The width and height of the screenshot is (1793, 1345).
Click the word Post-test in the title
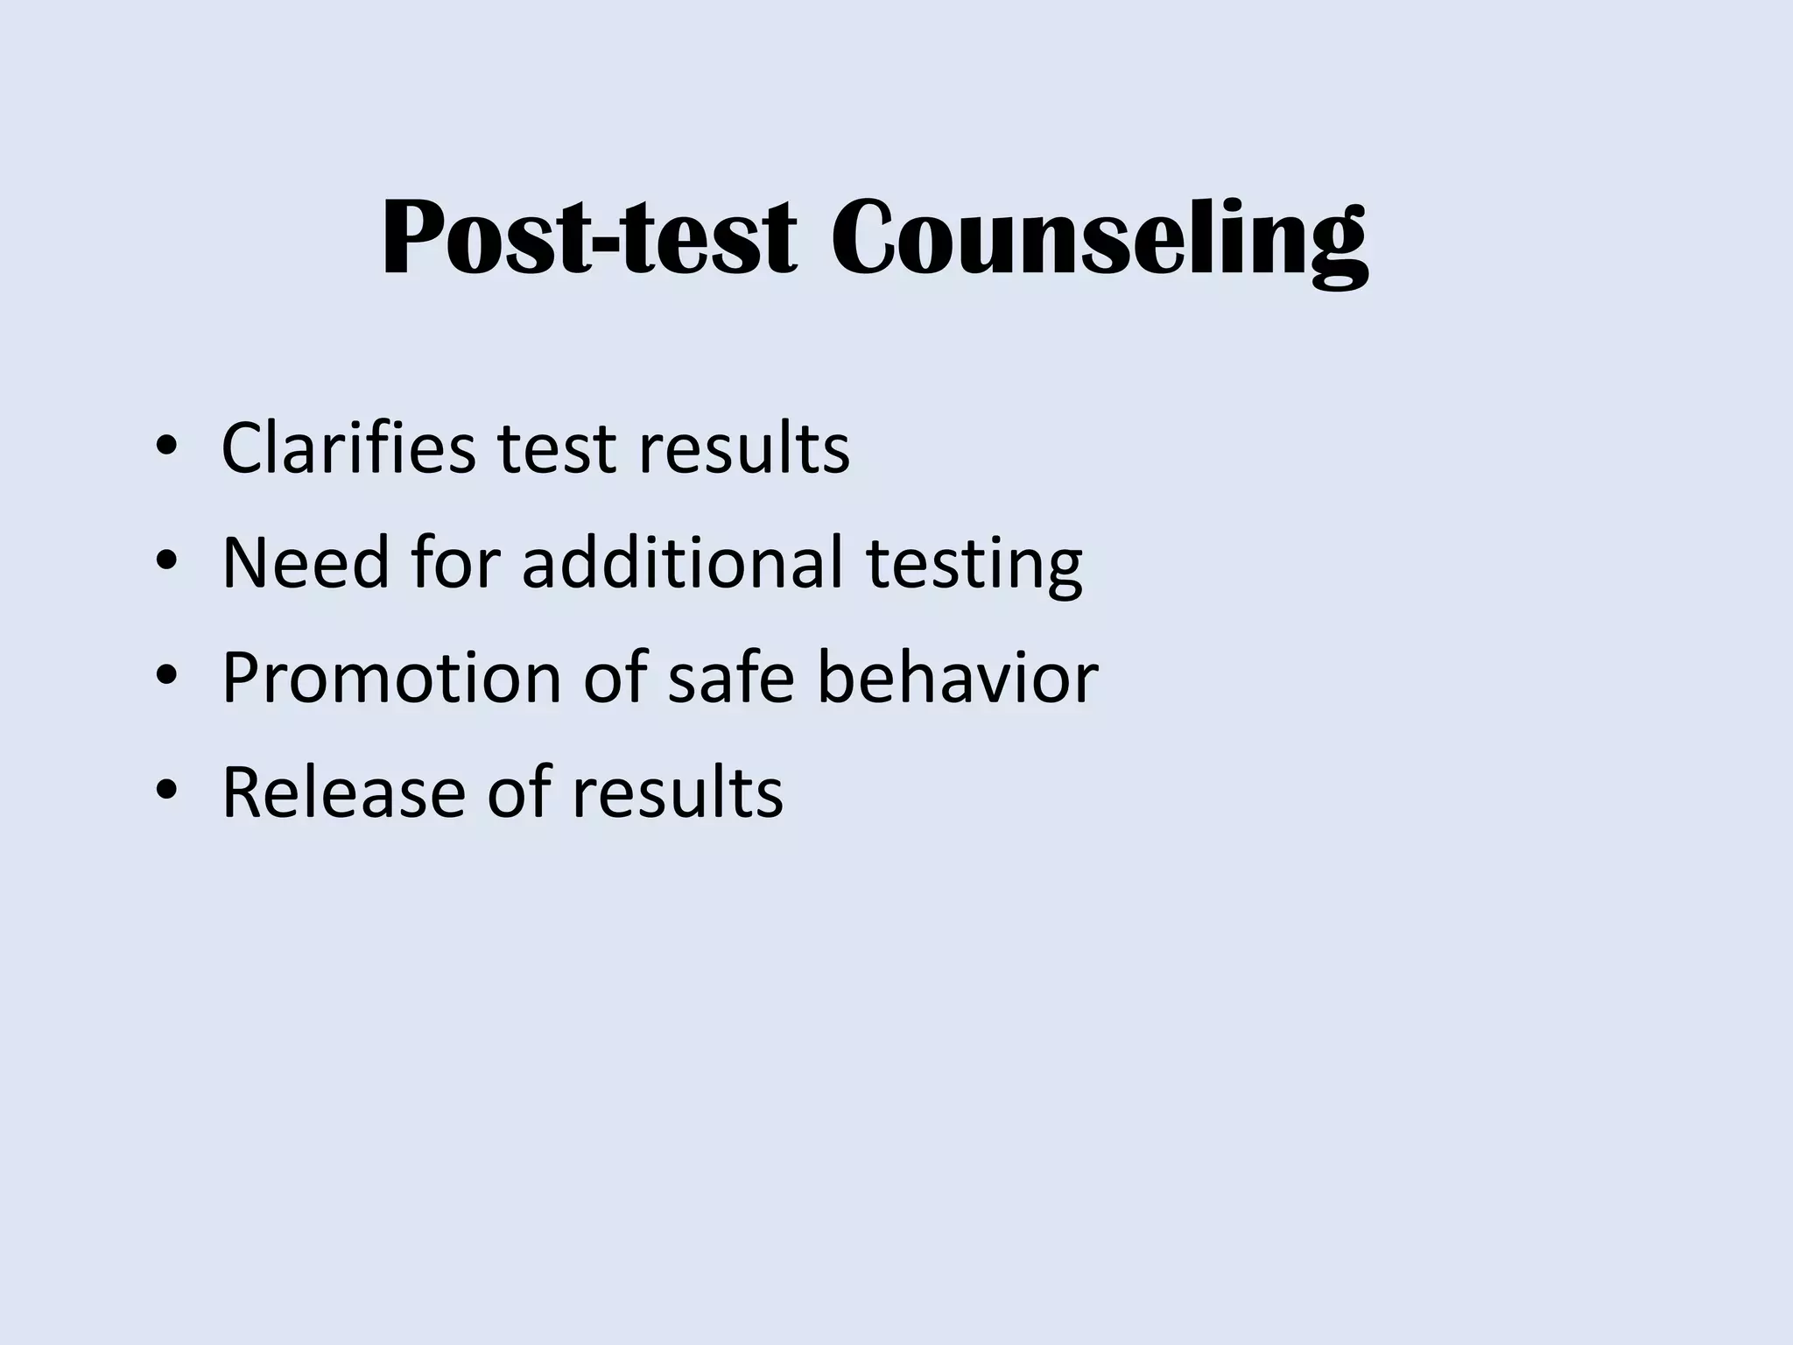point(588,238)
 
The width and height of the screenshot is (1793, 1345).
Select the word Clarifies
point(348,448)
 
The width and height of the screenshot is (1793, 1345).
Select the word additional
point(682,562)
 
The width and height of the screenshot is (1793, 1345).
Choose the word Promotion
point(390,679)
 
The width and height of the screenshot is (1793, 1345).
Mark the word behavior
point(957,677)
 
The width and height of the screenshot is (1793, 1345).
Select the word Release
point(343,792)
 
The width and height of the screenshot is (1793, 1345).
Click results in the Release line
point(677,792)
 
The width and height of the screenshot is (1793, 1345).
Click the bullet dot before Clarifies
point(165,448)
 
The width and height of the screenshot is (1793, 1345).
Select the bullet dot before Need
point(165,562)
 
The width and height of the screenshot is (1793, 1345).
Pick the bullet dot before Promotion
point(165,677)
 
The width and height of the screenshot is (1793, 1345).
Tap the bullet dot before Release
point(165,792)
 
